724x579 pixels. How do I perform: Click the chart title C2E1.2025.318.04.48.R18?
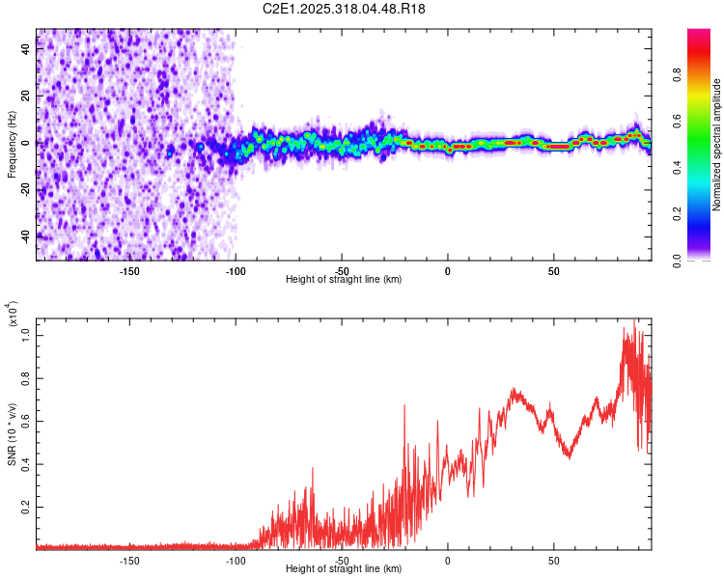[345, 9]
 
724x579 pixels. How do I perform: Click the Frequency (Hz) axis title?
[12, 145]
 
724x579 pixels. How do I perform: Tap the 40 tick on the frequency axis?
[27, 51]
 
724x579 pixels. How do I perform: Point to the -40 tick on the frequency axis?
[27, 234]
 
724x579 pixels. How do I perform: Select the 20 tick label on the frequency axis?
[27, 96]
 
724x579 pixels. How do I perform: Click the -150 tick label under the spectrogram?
[129, 270]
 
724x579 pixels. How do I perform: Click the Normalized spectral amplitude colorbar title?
[717, 145]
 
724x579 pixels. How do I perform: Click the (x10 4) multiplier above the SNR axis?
[12, 317]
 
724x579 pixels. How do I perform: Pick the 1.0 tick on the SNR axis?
[27, 334]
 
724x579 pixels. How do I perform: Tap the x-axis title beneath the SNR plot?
[344, 568]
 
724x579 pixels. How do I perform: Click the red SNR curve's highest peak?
[634, 320]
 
